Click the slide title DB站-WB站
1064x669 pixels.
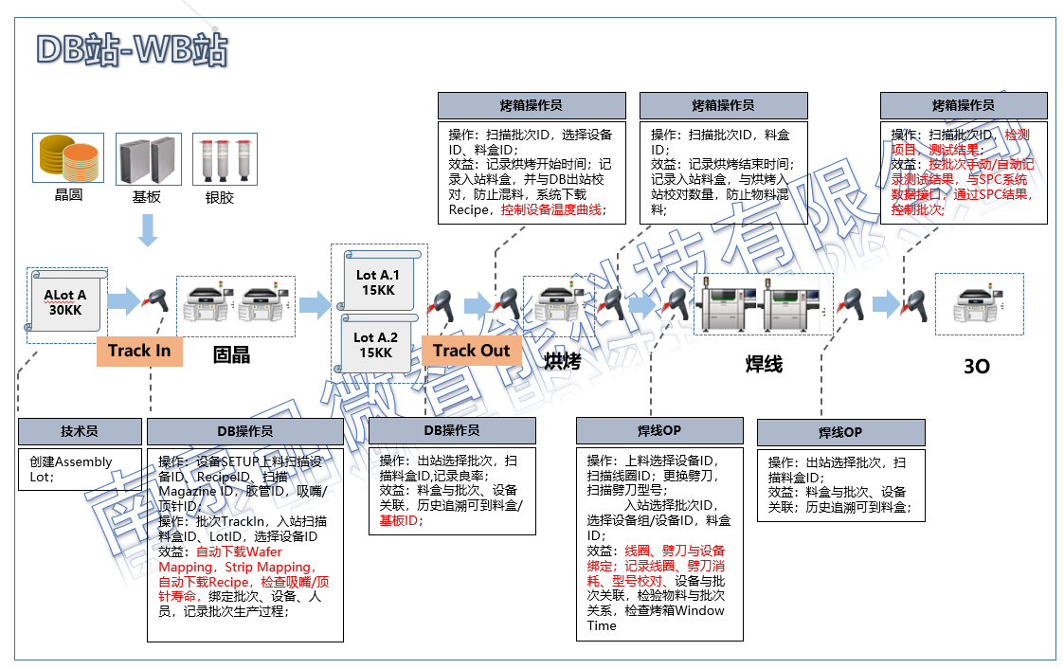(131, 49)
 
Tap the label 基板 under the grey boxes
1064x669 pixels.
(147, 198)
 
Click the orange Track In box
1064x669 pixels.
(139, 351)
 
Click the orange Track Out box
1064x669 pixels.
(471, 351)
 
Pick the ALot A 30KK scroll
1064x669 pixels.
(65, 302)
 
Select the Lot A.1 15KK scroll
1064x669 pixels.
(378, 282)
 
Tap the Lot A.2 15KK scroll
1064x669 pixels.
(377, 344)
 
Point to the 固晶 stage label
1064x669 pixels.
(231, 355)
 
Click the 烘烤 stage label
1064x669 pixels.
(563, 361)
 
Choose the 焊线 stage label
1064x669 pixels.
(764, 363)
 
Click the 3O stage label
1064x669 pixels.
(976, 366)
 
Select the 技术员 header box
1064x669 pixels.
(80, 431)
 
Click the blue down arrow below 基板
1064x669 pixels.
(148, 229)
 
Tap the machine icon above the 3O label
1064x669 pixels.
(979, 303)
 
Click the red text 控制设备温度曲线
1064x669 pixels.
(551, 209)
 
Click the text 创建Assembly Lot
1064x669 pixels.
(71, 469)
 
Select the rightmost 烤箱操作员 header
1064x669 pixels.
(964, 105)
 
